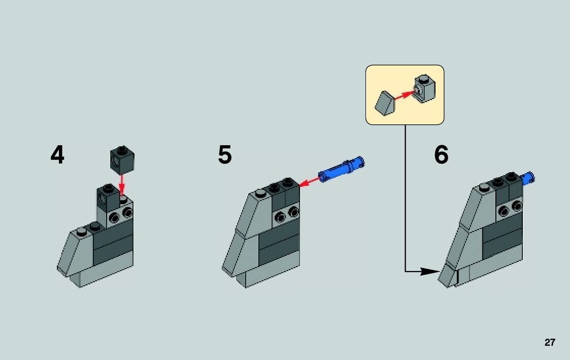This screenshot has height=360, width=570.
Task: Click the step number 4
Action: [x=57, y=155]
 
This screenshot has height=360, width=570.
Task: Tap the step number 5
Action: [x=225, y=155]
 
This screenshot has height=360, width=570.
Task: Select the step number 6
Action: [x=441, y=155]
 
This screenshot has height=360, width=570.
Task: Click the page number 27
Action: [x=550, y=342]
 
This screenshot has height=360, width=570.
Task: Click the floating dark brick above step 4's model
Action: [x=122, y=159]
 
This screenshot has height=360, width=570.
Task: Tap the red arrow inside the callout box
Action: [x=404, y=94]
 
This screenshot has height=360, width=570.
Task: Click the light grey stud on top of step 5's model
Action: [x=260, y=193]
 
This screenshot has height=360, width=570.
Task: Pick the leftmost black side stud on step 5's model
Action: [x=280, y=218]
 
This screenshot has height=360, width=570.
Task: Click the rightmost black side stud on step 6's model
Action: [x=516, y=206]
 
